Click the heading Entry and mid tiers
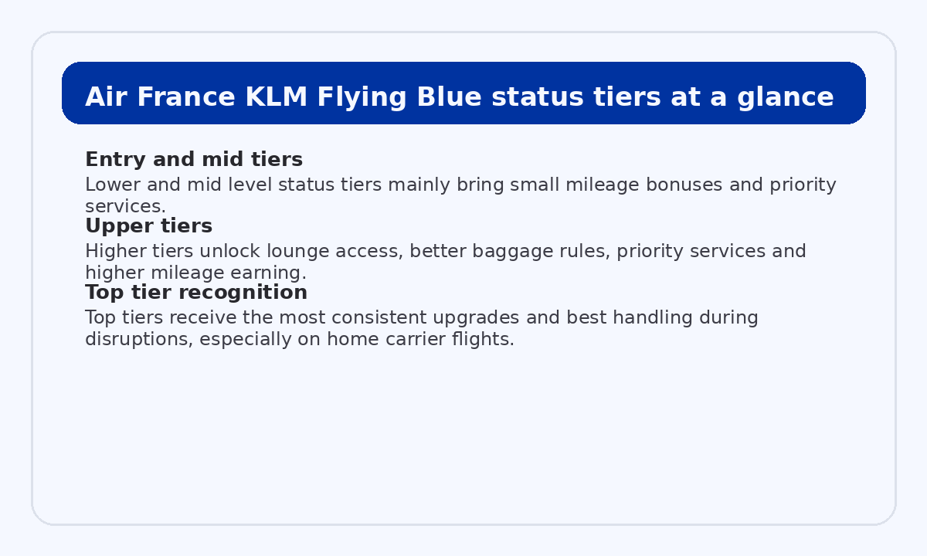point(193,160)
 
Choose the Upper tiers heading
point(148,226)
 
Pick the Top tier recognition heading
point(196,293)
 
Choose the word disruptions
point(134,339)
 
